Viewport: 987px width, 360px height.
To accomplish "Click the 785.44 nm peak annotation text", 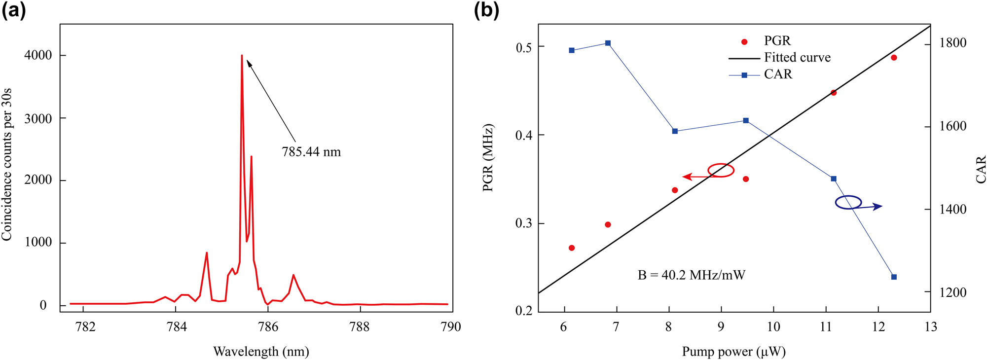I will click(311, 152).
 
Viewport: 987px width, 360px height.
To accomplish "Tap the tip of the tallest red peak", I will click(242, 56).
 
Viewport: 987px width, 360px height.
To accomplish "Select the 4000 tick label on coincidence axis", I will click(38, 55).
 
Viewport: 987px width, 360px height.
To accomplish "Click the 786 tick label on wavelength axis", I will click(268, 327).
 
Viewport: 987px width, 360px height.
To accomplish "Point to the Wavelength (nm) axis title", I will click(261, 352).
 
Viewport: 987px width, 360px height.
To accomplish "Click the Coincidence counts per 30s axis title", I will click(7, 165).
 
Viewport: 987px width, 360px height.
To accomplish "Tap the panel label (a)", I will click(13, 10).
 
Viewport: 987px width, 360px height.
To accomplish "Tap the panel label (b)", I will click(486, 10).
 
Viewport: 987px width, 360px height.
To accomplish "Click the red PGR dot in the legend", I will click(744, 42).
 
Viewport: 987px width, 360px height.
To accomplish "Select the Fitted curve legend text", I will click(797, 58).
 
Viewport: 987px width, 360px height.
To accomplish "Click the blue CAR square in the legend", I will click(744, 75).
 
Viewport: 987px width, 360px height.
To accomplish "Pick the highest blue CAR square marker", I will click(608, 43).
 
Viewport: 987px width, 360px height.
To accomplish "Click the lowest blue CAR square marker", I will click(894, 277).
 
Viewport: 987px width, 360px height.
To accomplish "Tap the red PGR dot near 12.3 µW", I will click(894, 58).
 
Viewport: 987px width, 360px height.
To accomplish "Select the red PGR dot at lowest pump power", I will click(572, 248).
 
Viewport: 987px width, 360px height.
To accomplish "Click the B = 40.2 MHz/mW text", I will click(691, 275).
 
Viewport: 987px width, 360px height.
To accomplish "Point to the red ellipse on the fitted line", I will click(721, 170).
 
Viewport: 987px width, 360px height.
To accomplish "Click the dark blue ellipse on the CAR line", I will click(848, 202).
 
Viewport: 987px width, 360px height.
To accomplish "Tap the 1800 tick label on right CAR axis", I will click(952, 43).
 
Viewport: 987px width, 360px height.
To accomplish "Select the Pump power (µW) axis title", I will click(733, 352).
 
